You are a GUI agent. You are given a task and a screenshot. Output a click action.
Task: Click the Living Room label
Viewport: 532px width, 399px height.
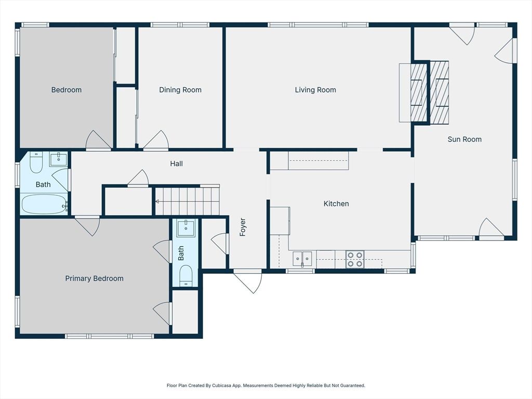pos(315,90)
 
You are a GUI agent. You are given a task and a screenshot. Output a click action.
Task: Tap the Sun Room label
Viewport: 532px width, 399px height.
pos(464,139)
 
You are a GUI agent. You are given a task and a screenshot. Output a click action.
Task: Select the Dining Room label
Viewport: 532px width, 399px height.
pos(180,90)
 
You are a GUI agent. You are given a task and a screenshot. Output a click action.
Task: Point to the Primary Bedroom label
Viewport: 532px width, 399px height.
pos(94,278)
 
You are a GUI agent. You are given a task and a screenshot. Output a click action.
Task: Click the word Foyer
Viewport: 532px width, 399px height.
pos(243,227)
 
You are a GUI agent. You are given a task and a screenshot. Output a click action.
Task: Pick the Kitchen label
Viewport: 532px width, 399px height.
pos(336,204)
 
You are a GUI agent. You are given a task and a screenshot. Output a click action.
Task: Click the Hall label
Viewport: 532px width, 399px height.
pos(176,164)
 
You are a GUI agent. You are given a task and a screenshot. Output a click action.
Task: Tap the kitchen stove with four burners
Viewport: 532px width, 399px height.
pos(355,259)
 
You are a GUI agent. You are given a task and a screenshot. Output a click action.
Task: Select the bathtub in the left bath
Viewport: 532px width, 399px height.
pos(44,204)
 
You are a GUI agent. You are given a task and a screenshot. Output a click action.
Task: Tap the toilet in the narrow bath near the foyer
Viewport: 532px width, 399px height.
pos(186,275)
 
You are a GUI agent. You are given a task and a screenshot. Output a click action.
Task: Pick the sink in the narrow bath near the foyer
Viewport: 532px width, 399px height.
pos(185,228)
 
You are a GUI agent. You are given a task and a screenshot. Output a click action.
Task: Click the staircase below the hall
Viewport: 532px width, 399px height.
pos(187,201)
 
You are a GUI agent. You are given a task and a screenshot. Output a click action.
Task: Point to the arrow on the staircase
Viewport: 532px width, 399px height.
pos(158,201)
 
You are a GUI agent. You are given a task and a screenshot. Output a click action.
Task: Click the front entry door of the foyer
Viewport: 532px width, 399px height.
pos(248,281)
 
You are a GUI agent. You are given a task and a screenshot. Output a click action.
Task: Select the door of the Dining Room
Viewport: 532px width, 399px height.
pos(156,141)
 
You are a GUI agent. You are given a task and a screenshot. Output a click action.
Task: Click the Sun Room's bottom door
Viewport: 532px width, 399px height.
pos(491,229)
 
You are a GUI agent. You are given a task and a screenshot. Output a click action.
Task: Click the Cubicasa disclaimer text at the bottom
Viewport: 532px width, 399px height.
pos(265,385)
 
